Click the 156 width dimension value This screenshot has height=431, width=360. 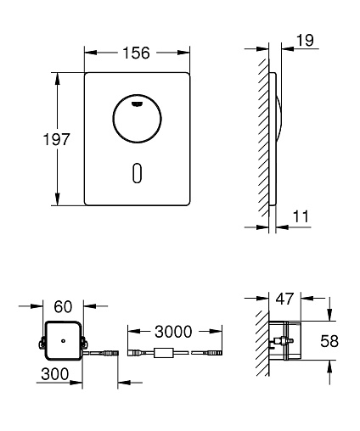point(136,53)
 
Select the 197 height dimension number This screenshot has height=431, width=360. point(56,139)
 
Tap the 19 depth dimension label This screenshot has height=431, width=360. point(305,40)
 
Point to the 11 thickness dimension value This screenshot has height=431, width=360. point(301,216)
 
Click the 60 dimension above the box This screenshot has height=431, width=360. point(63,307)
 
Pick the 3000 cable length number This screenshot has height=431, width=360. point(173,332)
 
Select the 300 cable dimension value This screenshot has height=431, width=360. point(55,374)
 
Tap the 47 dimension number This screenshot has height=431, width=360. point(284,299)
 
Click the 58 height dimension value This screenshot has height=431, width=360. point(329,341)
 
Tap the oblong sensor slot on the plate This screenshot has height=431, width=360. point(137,172)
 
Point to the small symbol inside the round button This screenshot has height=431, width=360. point(138,104)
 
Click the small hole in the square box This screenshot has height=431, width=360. point(63,341)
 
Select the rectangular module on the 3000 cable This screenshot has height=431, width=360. point(164,353)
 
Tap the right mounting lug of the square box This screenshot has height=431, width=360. point(84,342)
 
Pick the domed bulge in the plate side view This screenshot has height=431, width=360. point(279,118)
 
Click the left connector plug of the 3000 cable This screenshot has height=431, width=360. point(135,353)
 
